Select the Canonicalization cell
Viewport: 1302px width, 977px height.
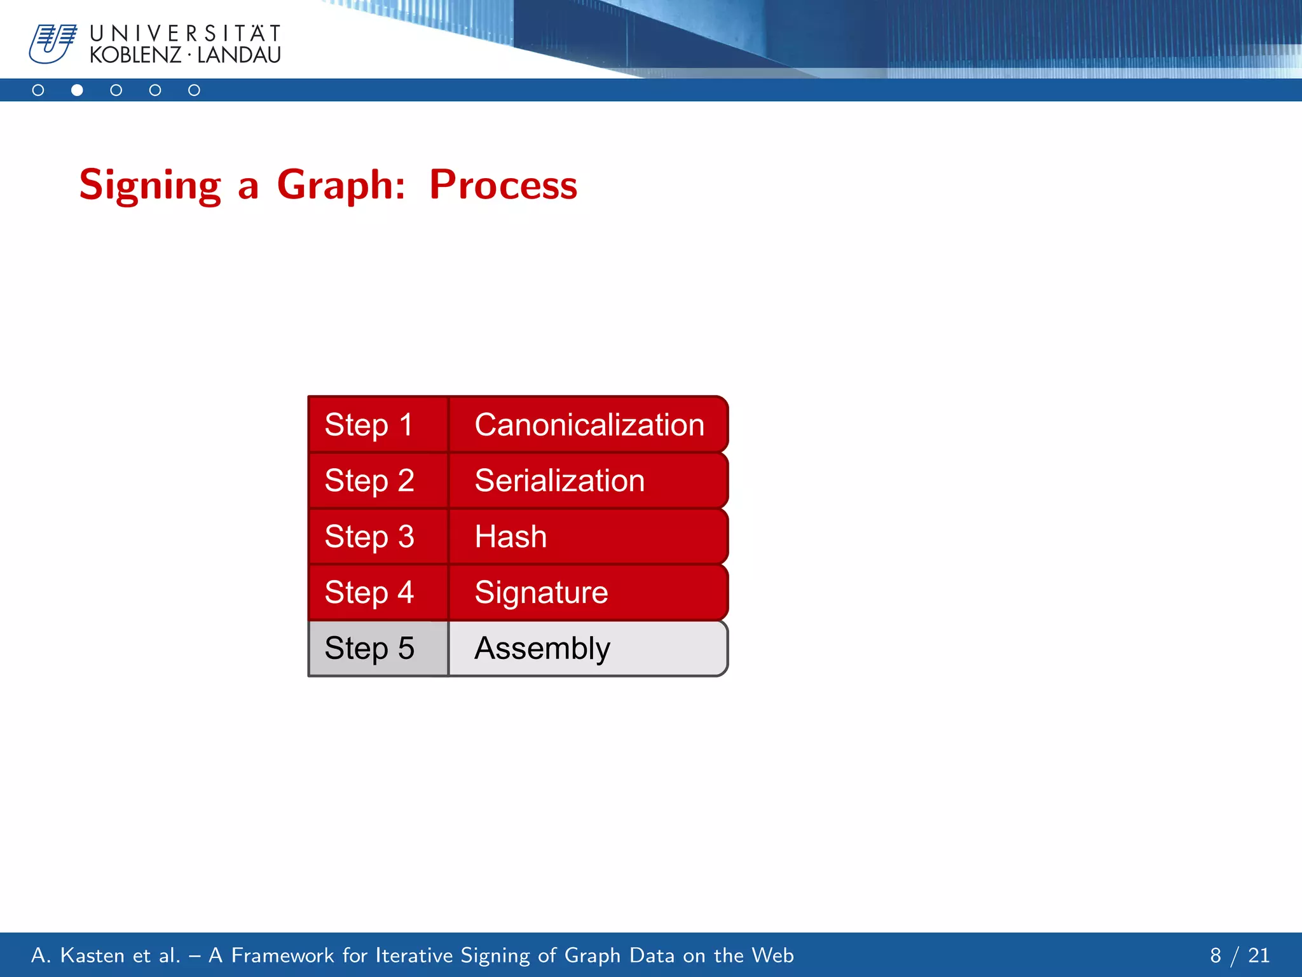[x=588, y=425]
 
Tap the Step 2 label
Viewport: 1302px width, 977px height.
[x=369, y=480]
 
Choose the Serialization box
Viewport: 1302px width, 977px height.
[x=588, y=480]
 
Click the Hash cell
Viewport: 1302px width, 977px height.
[x=588, y=536]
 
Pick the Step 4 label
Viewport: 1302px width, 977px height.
[x=369, y=592]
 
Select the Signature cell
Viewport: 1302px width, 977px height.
[x=588, y=592]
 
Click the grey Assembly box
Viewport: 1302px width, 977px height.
[x=588, y=648]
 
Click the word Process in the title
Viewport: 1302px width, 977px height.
[x=503, y=185]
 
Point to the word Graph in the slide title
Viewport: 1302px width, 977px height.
[x=341, y=185]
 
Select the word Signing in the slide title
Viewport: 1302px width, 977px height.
[x=150, y=185]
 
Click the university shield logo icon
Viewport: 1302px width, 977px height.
[x=52, y=43]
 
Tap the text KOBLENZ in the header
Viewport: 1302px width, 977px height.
[x=135, y=55]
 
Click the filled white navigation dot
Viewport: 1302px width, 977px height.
[x=77, y=90]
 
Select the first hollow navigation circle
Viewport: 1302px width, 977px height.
[x=38, y=90]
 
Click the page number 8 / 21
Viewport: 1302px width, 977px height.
[x=1239, y=955]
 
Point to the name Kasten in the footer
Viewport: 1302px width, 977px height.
[x=92, y=955]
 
